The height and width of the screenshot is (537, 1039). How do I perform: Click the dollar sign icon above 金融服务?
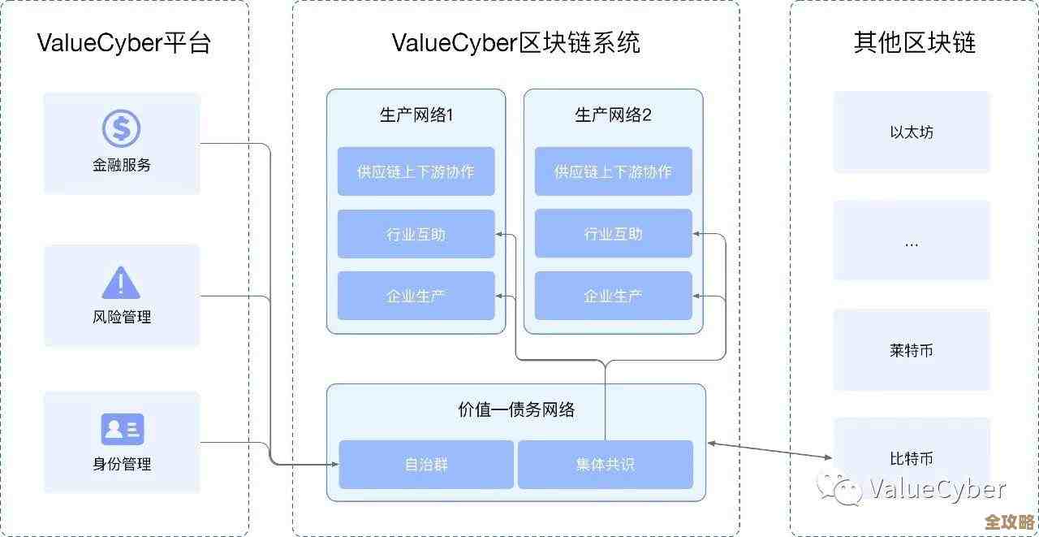[121, 128]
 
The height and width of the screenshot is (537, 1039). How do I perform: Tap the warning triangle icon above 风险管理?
[121, 283]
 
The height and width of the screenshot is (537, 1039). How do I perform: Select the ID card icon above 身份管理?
[122, 429]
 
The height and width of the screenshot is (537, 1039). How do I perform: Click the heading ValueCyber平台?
[123, 42]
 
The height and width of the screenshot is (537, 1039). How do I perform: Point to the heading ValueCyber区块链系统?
[515, 42]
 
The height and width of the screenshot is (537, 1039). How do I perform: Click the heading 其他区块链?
[914, 42]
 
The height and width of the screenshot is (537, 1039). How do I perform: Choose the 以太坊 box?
[912, 132]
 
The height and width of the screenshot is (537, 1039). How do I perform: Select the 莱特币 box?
[912, 351]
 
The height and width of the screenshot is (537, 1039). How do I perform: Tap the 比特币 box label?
[912, 458]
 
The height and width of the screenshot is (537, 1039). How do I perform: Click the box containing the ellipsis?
[912, 241]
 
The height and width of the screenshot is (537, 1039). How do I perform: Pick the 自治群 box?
[426, 465]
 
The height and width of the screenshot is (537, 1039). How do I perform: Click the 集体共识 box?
[605, 465]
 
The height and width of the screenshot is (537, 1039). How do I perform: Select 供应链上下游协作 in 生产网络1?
[416, 171]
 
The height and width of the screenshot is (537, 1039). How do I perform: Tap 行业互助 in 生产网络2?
[613, 234]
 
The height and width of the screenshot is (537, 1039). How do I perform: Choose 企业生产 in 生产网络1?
[416, 296]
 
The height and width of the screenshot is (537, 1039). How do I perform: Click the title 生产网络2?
[613, 115]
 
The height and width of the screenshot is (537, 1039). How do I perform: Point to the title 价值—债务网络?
[516, 409]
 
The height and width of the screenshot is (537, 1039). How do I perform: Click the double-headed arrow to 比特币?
[770, 450]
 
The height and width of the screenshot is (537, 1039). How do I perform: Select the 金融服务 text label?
[122, 165]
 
